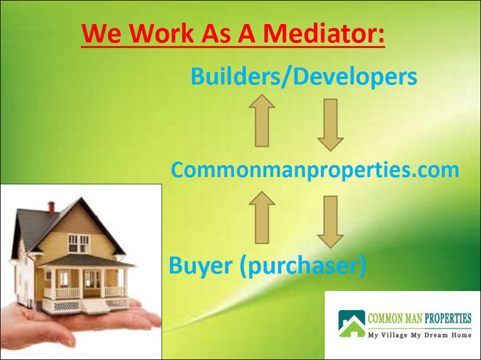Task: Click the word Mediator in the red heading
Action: [324, 32]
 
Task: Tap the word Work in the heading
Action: [162, 32]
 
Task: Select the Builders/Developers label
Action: [303, 76]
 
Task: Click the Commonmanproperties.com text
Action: [315, 170]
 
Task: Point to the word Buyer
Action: [200, 266]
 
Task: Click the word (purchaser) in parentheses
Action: [303, 266]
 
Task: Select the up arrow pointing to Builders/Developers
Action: [262, 120]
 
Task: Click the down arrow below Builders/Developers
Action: [331, 125]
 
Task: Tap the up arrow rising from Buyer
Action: [262, 218]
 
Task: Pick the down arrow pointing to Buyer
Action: [331, 222]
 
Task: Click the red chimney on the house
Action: [51, 208]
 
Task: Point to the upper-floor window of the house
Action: [78, 244]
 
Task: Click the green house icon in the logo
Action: [352, 324]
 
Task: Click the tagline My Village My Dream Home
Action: [420, 335]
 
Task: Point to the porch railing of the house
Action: [86, 292]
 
